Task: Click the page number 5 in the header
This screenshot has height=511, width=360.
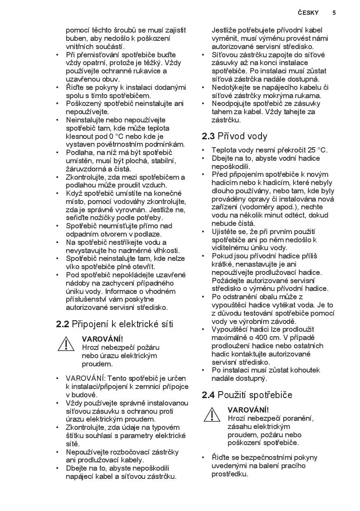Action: click(334, 13)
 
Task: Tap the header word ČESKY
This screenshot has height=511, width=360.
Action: click(309, 13)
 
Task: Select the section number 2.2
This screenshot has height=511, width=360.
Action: click(62, 324)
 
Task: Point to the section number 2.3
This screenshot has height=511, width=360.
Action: click(208, 136)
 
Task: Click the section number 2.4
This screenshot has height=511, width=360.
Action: click(208, 395)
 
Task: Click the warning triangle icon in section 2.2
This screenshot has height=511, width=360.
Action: click(66, 344)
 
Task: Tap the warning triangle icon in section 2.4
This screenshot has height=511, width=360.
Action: click(212, 414)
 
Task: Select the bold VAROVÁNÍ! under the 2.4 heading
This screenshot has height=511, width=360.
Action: click(248, 410)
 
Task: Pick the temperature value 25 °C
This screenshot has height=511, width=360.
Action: click(317, 150)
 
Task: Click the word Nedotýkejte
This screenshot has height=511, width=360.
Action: click(233, 87)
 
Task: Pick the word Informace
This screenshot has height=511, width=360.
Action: click(123, 291)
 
